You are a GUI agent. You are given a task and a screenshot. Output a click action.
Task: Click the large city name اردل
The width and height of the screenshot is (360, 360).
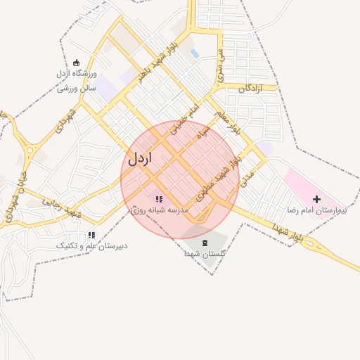140,158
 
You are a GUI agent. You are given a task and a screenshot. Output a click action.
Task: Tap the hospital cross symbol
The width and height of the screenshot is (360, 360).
316,200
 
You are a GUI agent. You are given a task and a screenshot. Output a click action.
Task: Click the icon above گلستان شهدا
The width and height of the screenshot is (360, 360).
205,243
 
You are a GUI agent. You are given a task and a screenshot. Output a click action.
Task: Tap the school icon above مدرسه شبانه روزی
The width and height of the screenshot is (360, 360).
158,199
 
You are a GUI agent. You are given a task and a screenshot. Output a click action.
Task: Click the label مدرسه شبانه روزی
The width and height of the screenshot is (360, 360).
160,210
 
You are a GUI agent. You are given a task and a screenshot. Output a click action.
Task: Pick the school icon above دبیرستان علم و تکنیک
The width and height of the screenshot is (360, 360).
91,235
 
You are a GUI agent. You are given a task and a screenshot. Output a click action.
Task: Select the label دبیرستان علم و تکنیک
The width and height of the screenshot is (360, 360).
91,246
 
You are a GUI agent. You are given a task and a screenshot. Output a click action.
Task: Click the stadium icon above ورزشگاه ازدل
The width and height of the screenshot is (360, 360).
77,63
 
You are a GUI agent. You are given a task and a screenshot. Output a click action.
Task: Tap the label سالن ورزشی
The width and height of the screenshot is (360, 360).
77,89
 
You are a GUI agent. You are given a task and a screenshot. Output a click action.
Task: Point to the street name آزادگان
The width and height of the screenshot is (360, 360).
250,89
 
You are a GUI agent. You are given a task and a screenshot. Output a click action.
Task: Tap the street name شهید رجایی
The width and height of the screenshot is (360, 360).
64,206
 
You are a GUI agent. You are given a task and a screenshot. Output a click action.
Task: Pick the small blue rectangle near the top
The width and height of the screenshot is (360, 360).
195,53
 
